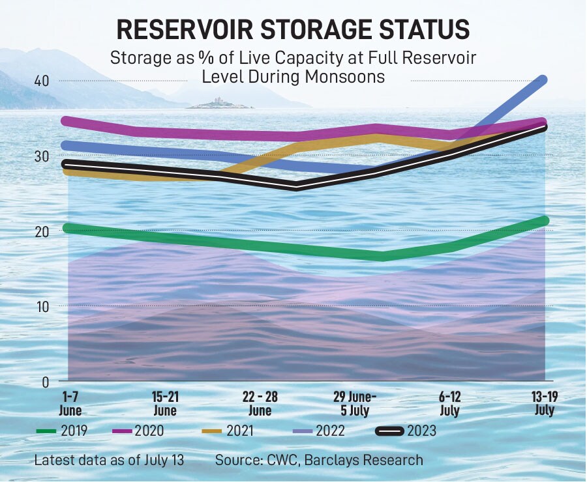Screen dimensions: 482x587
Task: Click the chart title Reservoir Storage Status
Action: click(293, 31)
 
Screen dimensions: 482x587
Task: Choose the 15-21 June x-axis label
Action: click(165, 404)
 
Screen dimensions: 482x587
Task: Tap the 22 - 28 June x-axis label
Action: click(260, 404)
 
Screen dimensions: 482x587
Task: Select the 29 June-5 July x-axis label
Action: click(355, 404)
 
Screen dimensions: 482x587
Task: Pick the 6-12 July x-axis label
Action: click(449, 404)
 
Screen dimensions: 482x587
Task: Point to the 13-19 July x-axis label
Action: click(543, 404)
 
